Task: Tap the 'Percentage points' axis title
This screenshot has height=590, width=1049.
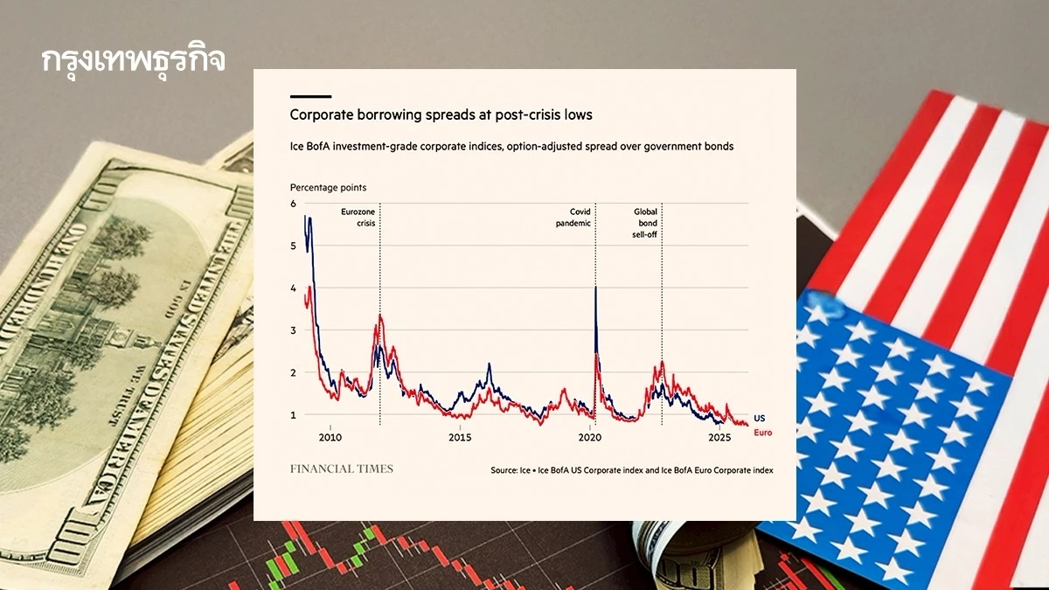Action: [329, 188]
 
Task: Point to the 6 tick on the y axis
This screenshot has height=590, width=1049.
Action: [294, 204]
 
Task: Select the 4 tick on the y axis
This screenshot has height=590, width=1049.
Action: [294, 288]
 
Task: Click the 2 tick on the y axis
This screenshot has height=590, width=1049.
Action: [294, 373]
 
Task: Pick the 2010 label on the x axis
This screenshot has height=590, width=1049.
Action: [330, 437]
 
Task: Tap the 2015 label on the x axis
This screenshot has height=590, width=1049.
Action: [460, 437]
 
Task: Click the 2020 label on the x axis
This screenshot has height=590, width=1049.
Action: [590, 437]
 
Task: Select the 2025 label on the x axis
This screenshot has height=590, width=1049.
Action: [719, 437]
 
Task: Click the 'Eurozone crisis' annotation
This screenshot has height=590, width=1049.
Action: [358, 218]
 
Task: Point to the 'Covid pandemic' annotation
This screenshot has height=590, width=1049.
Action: [573, 218]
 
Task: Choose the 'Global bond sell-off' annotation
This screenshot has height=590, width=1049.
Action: [645, 223]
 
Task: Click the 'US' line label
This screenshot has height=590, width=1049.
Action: [759, 419]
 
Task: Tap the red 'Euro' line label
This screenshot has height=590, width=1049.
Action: [762, 432]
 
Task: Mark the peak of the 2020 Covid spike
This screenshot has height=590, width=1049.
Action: [595, 288]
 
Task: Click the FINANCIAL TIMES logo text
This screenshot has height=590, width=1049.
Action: [342, 469]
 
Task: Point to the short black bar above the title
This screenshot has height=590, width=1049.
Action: [310, 96]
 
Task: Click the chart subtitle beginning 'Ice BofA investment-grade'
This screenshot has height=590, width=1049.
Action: [511, 147]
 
